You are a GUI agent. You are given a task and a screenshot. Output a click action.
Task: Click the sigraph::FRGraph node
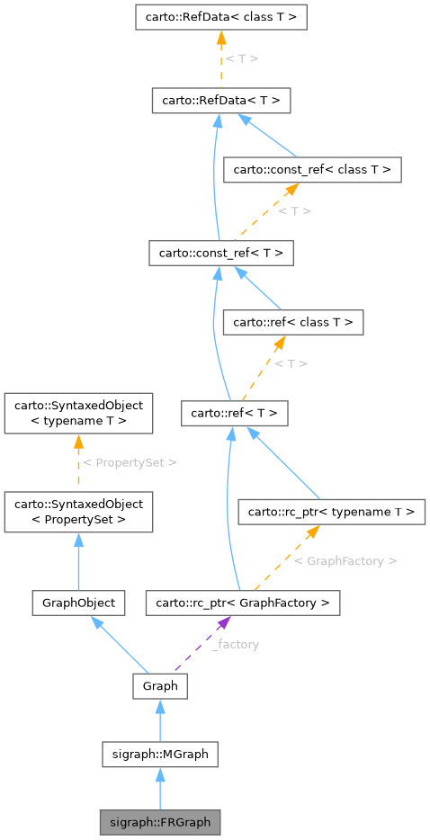(159, 822)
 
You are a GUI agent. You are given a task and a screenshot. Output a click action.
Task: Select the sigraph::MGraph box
(159, 754)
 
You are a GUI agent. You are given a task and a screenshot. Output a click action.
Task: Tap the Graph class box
(159, 686)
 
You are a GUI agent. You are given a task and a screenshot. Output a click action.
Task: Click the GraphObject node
(78, 603)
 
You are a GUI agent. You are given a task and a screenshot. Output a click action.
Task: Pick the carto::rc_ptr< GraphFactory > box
(243, 603)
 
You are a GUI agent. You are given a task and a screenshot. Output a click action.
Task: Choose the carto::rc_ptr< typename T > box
(330, 512)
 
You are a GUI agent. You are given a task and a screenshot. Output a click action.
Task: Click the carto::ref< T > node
(235, 414)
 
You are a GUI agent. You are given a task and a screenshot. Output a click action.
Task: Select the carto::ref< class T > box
(293, 321)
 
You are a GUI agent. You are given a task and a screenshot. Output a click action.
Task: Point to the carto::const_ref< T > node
(221, 254)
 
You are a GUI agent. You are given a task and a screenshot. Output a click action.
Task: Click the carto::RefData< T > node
(221, 101)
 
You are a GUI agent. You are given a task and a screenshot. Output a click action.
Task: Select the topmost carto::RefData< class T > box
(221, 16)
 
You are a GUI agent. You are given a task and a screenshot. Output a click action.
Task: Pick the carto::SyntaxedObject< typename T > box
(78, 413)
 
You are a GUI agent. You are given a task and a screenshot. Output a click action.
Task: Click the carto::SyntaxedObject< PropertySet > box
(78, 512)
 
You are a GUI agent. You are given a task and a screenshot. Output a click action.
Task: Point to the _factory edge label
(236, 645)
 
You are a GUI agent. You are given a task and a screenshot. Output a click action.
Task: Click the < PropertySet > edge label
(130, 462)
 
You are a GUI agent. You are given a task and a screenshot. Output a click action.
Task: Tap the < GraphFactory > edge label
(345, 560)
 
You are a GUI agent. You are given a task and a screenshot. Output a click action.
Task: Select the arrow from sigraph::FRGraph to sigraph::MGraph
(159, 789)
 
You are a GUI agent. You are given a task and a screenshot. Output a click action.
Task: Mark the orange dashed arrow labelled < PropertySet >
(78, 462)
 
